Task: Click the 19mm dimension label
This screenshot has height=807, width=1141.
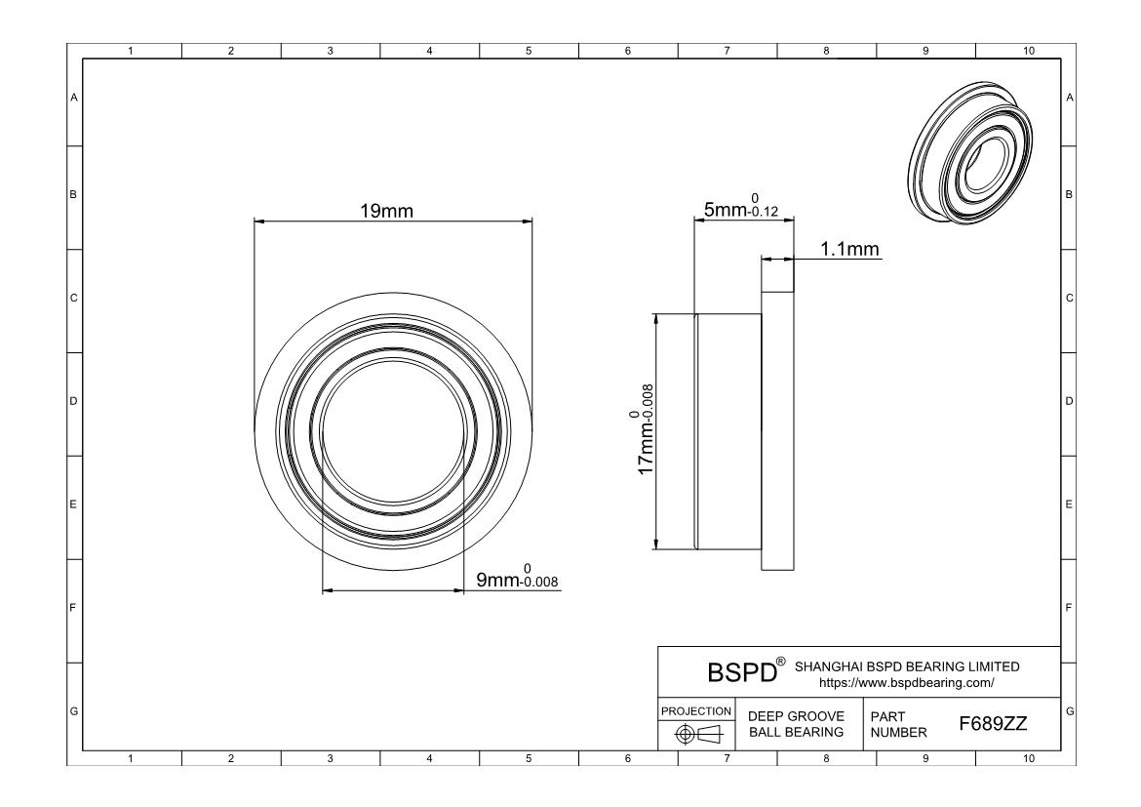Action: point(386,211)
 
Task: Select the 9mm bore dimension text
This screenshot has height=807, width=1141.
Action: point(518,577)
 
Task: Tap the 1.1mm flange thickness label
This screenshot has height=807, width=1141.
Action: point(850,249)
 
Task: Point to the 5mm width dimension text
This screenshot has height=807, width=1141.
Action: point(741,207)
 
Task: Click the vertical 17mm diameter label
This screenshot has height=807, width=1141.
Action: point(644,429)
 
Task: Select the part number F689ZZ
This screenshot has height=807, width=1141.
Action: point(993,724)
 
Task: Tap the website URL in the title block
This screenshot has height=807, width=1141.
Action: point(907,683)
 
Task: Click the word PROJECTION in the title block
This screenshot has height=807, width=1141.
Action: point(696,710)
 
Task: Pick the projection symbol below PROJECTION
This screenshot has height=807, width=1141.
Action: point(698,734)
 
